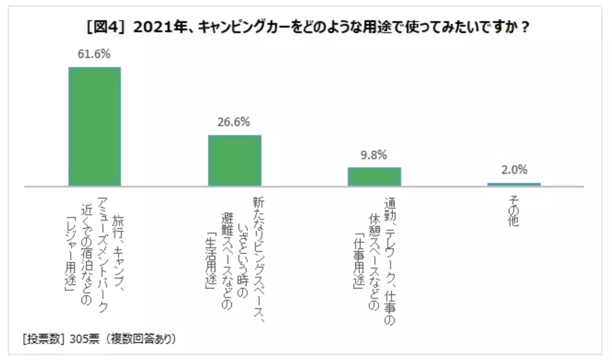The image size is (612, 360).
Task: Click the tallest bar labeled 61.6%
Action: (95, 126)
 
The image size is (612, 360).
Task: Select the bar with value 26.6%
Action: (234, 160)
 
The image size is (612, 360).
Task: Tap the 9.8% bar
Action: (374, 177)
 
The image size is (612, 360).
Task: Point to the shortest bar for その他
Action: (514, 184)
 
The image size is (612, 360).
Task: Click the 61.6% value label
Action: (95, 54)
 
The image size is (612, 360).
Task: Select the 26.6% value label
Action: (234, 122)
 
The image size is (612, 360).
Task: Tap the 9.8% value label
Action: (374, 155)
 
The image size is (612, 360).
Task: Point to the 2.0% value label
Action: (514, 170)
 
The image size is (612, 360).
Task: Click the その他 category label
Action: (514, 213)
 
